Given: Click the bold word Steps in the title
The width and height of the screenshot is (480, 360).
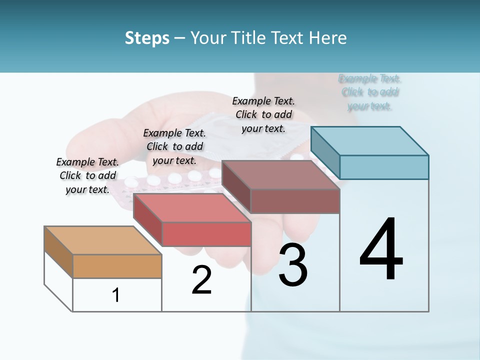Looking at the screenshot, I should coord(147,38).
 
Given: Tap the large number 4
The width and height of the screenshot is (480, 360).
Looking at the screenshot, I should coord(381,250).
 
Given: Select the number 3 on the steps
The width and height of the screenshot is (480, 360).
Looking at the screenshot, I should coord(293,265).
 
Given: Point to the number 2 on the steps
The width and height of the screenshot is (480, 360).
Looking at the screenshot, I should coord(201,280).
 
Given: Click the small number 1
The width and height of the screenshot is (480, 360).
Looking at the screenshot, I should coord(116,295).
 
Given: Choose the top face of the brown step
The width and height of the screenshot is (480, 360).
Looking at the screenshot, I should coord(280,175).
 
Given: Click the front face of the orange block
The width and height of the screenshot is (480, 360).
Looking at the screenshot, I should coord(117,266).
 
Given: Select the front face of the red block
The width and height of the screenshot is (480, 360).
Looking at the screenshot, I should coord(206,234).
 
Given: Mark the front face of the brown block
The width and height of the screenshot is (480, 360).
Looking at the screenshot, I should coord(295,201).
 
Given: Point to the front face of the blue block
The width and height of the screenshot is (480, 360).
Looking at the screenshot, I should coord(384,167).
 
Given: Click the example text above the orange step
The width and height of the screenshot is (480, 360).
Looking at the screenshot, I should coord(87,175).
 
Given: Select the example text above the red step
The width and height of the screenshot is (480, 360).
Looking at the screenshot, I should coord(174,146).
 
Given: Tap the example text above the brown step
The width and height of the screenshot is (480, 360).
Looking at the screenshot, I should coord(263,114).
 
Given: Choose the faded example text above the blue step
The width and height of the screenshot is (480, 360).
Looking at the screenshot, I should coord(370,92).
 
